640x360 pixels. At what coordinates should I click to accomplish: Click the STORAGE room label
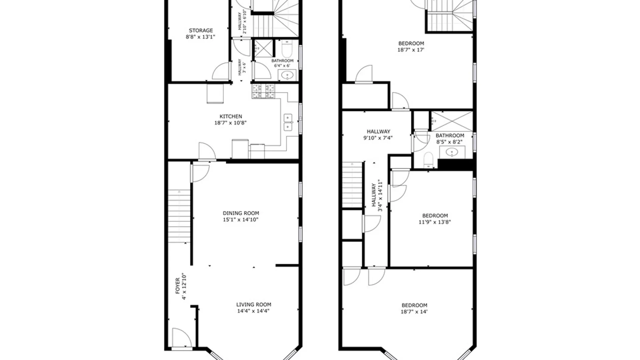[201, 31]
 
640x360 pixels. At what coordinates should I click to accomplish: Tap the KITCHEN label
[231, 116]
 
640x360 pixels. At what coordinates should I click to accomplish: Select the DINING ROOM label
[241, 213]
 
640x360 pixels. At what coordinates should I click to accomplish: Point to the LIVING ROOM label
[254, 304]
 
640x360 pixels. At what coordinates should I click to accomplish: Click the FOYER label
[178, 286]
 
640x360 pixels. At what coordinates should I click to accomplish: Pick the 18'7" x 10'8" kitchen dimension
[230, 123]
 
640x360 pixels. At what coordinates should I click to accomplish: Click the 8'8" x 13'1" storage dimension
[201, 37]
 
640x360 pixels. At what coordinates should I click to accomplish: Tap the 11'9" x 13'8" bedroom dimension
[435, 222]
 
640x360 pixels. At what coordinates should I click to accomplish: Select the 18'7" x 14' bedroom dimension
[414, 312]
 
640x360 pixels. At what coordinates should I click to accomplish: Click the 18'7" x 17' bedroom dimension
[411, 50]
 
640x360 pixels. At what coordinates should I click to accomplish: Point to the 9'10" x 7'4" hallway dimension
[378, 138]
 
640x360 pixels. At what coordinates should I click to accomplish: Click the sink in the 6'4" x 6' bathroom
[287, 76]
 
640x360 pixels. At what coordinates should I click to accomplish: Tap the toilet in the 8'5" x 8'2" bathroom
[428, 160]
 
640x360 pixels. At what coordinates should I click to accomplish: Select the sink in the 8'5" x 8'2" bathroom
[452, 152]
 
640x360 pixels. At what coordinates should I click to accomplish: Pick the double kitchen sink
[288, 122]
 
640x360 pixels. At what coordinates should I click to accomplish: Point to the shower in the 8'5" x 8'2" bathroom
[452, 121]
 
